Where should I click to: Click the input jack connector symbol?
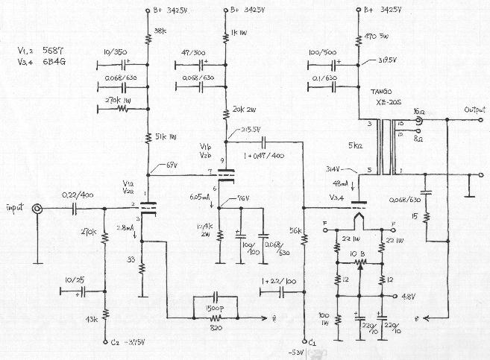pyautogui.click(x=37, y=209)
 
